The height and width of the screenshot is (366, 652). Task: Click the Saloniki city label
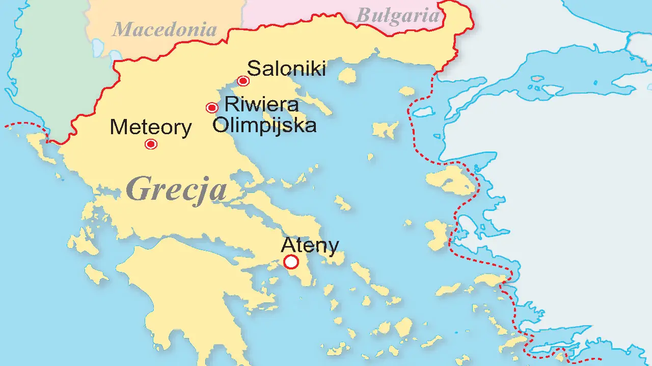pos(286,68)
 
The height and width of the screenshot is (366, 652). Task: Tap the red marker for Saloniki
pos(243,81)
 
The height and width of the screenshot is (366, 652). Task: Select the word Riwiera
pos(261,104)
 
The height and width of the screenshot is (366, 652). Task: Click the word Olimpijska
pos(264,125)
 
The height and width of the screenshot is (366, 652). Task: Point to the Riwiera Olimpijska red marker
pos(212,107)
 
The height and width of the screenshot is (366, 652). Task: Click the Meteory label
pos(151,128)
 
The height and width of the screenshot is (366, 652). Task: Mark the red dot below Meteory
pos(151,144)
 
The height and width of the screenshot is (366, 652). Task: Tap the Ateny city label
pos(310,245)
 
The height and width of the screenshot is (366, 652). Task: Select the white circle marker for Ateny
pos(291,262)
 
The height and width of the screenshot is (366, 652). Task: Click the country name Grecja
pos(176,189)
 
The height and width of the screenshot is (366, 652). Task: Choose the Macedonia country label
pos(164,29)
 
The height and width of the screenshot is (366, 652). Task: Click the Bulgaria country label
pos(397,15)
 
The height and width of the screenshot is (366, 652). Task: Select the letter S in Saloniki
pos(253,68)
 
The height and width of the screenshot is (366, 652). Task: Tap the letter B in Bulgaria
pos(363,15)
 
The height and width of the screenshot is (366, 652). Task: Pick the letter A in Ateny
pos(288,245)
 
